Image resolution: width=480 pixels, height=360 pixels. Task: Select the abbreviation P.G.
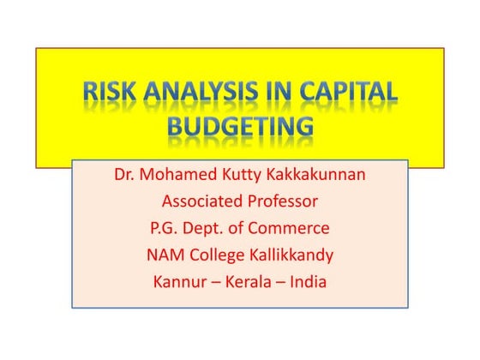click(165, 229)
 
